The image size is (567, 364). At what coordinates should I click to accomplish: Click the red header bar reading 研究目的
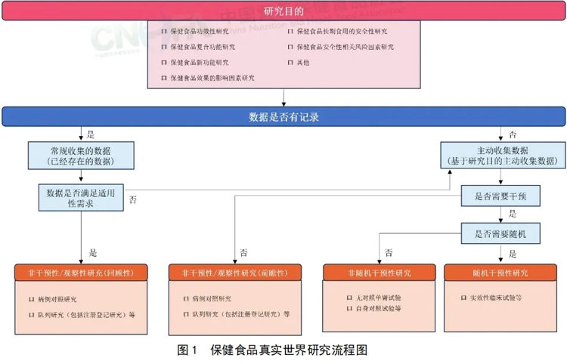(x=283, y=12)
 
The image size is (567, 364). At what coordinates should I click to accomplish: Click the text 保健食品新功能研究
(x=200, y=63)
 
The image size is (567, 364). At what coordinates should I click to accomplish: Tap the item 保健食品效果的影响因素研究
(x=212, y=78)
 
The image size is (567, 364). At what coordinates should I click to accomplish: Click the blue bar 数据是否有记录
(x=283, y=116)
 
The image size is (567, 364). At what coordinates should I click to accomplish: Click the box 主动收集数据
(x=502, y=155)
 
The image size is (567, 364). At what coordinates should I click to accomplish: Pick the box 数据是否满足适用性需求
(x=81, y=198)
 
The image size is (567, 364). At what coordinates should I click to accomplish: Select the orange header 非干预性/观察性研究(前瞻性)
(x=234, y=273)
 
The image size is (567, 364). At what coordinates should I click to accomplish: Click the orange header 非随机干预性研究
(x=379, y=273)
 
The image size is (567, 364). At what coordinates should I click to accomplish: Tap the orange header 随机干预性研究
(x=500, y=273)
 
